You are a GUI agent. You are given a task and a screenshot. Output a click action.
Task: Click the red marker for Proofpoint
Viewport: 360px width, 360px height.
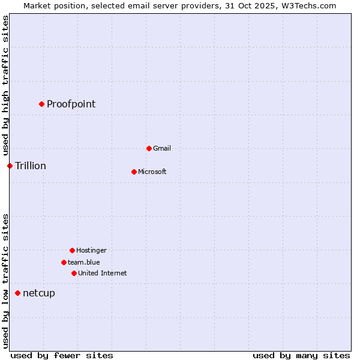[41, 104]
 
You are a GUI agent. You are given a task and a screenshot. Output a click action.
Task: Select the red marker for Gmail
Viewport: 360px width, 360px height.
[149, 148]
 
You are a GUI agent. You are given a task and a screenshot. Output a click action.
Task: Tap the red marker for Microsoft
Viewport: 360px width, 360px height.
[134, 172]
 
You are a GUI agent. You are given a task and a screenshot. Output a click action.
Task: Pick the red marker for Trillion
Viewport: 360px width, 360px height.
[10, 166]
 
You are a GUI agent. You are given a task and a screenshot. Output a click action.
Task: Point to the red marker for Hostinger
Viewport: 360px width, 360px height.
[72, 250]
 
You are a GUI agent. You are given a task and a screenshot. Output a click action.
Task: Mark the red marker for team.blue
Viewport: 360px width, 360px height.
[64, 262]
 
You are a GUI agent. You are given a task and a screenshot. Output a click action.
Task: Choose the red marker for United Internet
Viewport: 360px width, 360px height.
[74, 273]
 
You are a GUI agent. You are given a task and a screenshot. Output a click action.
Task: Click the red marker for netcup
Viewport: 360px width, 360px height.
[17, 293]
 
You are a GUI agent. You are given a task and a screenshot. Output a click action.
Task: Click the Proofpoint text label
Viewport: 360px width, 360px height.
[71, 104]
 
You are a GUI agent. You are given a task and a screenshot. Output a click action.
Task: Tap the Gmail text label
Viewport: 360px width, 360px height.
[162, 148]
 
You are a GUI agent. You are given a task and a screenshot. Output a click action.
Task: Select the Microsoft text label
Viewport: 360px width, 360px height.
[152, 172]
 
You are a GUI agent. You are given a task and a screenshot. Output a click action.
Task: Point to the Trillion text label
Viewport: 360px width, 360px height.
[31, 166]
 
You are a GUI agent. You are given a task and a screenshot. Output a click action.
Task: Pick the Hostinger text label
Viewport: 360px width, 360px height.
[91, 250]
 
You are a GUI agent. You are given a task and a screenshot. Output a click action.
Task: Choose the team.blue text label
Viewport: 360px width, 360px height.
[83, 262]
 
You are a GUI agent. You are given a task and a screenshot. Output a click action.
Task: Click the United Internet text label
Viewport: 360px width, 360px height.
[102, 273]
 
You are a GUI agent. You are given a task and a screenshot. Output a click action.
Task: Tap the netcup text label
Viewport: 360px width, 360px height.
[39, 293]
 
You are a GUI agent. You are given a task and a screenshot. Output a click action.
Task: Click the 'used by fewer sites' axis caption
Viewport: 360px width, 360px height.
[62, 355]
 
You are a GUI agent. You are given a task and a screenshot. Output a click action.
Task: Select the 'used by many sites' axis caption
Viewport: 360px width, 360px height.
[301, 355]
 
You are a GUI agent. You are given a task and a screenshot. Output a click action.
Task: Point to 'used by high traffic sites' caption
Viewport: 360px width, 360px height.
[5, 85]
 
